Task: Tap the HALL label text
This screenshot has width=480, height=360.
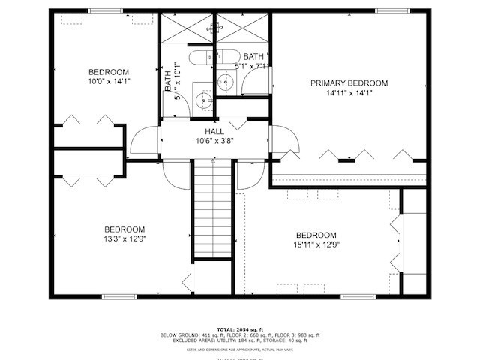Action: point(215,131)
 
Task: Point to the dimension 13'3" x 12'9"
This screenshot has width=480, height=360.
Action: point(124,240)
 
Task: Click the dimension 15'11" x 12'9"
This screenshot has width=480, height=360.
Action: point(316,244)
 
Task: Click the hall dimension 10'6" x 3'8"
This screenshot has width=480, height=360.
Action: point(215,141)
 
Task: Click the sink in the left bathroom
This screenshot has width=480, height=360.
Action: point(200,100)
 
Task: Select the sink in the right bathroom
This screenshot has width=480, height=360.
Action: point(226,83)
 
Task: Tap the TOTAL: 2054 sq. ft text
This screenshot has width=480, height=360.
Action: point(240,329)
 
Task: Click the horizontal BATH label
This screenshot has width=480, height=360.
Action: point(253,56)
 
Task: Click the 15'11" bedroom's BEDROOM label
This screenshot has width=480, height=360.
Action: point(316,234)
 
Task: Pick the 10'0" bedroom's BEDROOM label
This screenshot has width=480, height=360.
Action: point(109,72)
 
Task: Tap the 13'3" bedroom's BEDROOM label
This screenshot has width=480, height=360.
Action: point(124,229)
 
